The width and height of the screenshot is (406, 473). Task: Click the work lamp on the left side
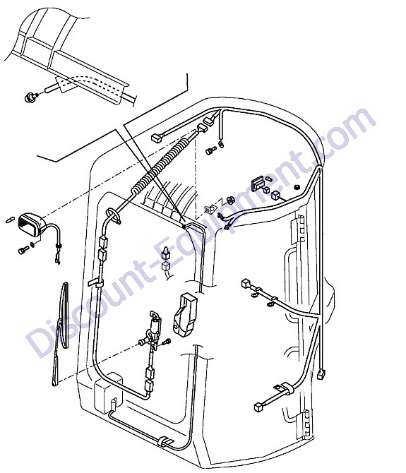point(32,224)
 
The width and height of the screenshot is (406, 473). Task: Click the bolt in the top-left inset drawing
point(30,97)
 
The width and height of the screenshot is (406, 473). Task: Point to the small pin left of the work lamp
point(10,220)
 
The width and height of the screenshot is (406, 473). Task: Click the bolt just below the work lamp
point(23,250)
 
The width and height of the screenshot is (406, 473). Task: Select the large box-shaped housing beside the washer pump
point(184,314)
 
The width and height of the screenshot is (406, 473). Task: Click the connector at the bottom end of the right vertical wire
point(321,374)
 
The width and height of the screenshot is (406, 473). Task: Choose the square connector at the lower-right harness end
point(259,407)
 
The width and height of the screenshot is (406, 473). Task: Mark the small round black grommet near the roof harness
point(297,187)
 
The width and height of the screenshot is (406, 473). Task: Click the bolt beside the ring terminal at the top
point(211,150)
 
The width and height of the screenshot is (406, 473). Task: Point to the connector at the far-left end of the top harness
point(156,138)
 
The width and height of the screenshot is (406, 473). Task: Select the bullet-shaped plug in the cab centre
point(166,253)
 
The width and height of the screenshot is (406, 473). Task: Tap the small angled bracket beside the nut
point(210,208)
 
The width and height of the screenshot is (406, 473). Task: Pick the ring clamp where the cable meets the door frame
point(113,216)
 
